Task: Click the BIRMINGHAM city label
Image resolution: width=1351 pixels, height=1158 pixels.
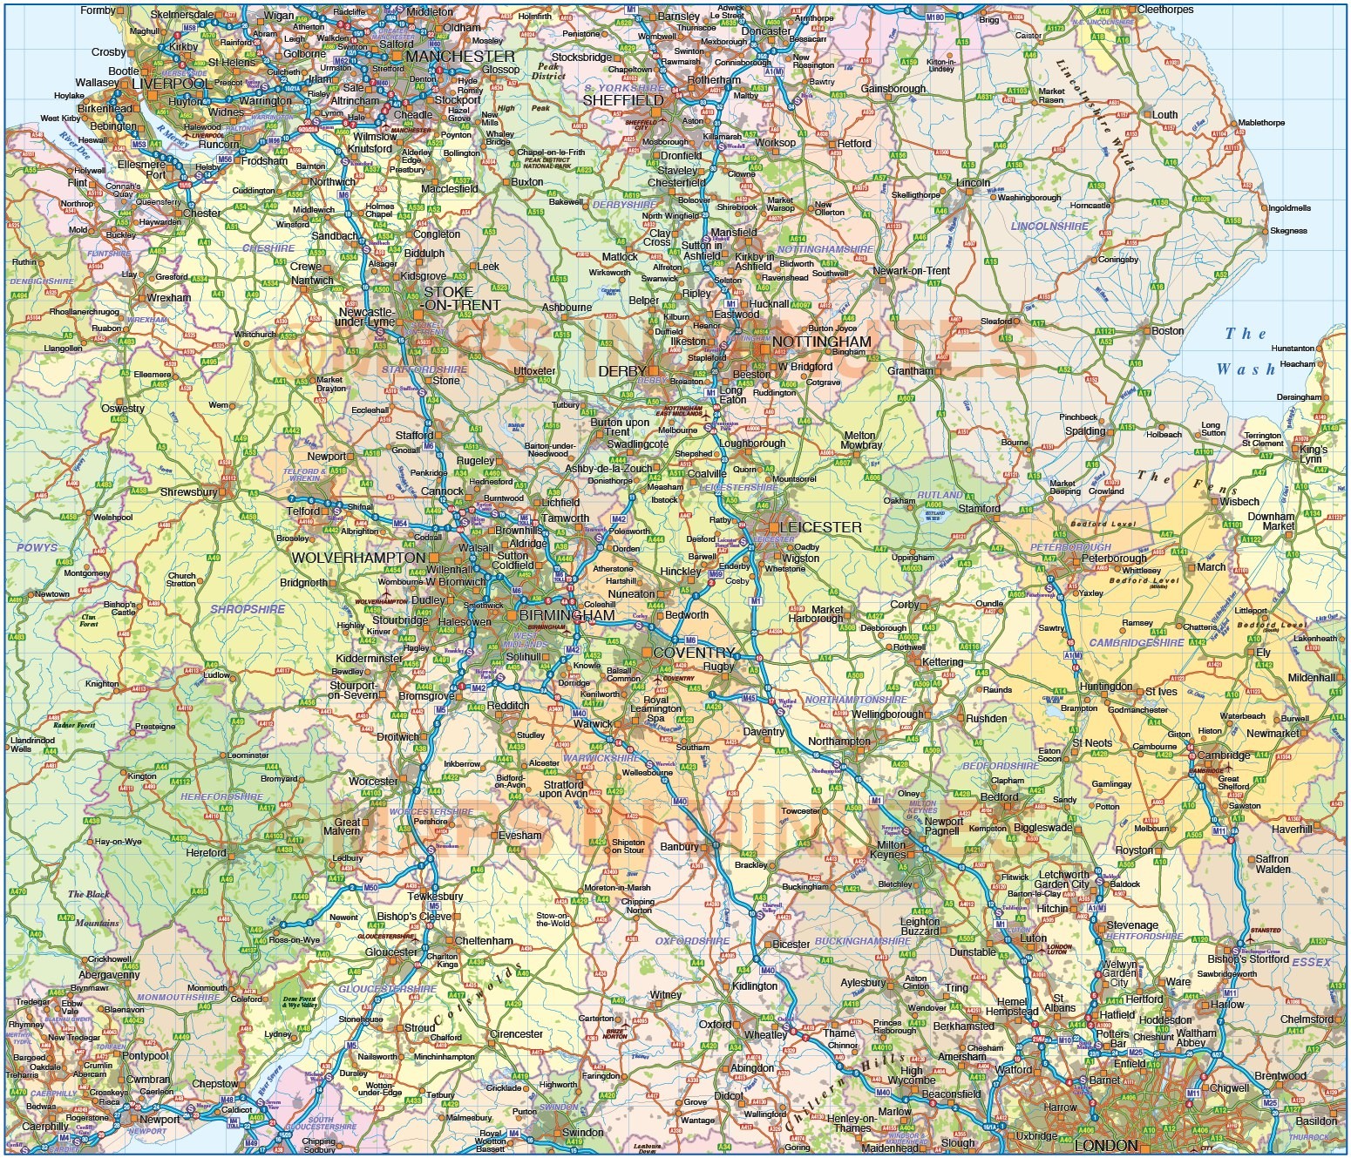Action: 567,615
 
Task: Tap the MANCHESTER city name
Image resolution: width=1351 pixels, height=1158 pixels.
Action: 460,57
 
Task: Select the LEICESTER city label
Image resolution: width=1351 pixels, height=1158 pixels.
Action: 820,527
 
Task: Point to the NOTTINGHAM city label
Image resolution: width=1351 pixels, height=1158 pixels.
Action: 821,342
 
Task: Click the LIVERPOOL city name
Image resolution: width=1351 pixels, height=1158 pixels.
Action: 171,84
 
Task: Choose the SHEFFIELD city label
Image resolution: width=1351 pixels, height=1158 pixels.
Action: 623,100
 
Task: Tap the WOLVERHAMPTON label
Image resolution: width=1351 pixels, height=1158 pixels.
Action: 358,558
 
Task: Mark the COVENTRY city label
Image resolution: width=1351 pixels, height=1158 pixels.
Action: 694,653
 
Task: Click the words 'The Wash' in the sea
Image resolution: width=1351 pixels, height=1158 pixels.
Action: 1246,351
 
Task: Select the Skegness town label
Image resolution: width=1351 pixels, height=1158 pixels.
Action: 1288,231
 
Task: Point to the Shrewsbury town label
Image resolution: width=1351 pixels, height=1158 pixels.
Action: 188,492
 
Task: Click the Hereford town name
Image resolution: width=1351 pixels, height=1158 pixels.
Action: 206,853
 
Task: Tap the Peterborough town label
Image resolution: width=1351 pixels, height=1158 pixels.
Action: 1114,559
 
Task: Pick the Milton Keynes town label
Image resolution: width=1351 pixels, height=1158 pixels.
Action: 888,850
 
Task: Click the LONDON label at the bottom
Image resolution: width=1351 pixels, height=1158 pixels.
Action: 1106,1145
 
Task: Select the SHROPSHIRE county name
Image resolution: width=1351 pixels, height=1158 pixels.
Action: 248,609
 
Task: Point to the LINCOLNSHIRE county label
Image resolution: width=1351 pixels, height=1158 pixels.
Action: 1049,226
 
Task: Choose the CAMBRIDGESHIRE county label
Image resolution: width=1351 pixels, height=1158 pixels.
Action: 1137,643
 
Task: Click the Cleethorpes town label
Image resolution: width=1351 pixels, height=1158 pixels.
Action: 1165,10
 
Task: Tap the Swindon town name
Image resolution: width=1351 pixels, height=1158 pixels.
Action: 582,1133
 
